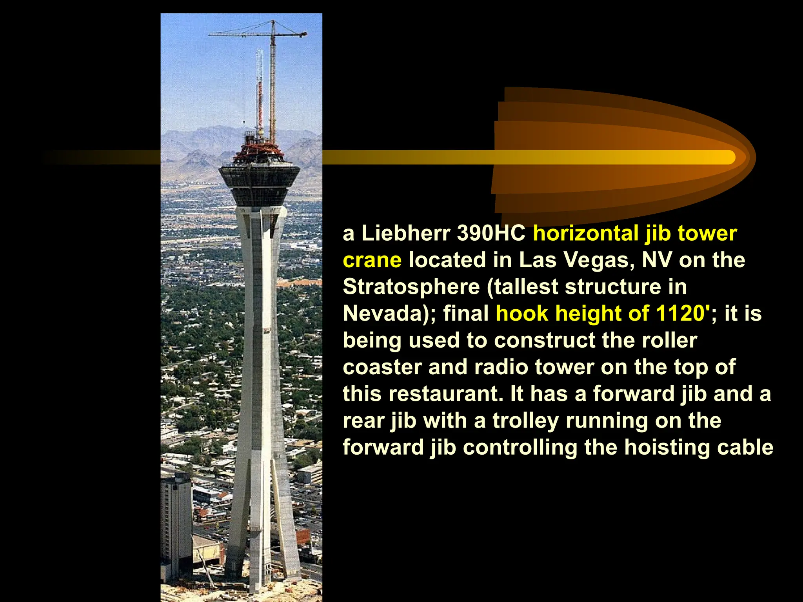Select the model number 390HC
tap(491, 233)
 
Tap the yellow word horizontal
tap(586, 233)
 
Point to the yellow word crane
tap(372, 260)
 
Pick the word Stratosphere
tap(411, 287)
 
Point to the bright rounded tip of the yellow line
tap(729, 157)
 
